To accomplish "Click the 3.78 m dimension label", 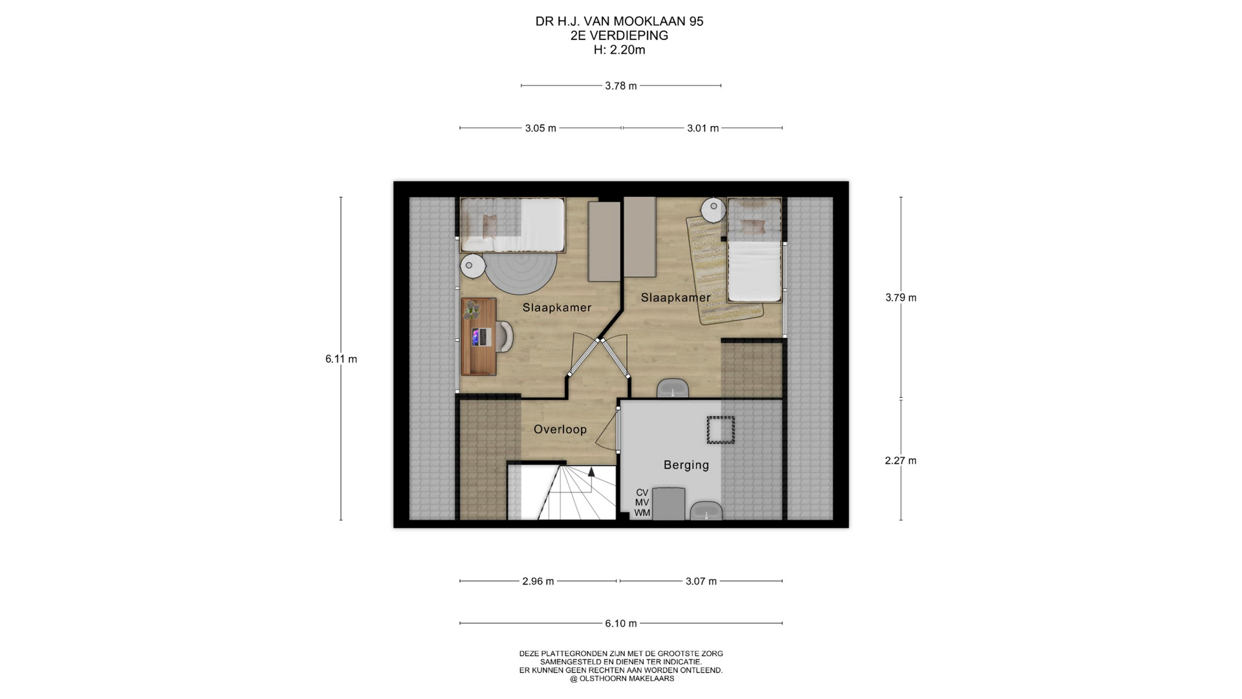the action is pos(621,85).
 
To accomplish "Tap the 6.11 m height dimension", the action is pos(341,359).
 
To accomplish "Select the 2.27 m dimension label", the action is pos(900,461).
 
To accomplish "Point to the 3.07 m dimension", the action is pos(701,581).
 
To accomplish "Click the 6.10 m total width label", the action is pos(621,623).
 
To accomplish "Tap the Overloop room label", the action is pos(560,429).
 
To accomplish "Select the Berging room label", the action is pos(686,465).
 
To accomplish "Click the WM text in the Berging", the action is pos(642,513).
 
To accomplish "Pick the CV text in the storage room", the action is pos(642,493).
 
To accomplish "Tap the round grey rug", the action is pos(521,272).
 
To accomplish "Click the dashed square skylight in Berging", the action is pos(721,430).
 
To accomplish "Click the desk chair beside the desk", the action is pos(504,337).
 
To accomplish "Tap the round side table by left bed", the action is pos(473,266).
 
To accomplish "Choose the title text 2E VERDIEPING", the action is pos(620,36).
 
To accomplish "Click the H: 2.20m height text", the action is pos(620,50).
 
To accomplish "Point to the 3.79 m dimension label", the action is pos(900,298).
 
